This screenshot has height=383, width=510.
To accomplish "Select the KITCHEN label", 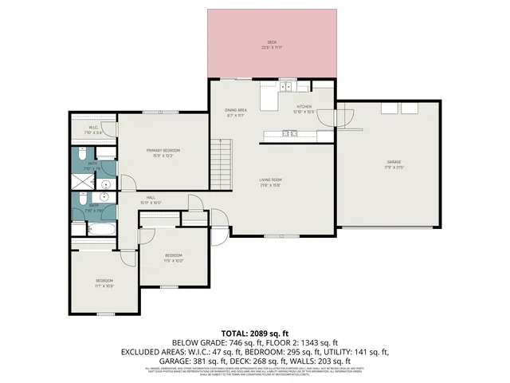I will click(x=304, y=106).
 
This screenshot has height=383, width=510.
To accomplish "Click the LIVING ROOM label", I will click(x=271, y=180).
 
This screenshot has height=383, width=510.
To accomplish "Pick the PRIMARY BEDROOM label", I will click(x=163, y=150).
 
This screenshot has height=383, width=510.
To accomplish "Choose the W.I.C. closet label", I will click(x=93, y=127).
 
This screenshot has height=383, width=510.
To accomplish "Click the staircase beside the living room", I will click(x=221, y=163).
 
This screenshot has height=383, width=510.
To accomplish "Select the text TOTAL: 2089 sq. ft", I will click(x=254, y=333).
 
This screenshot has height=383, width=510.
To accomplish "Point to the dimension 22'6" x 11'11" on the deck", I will click(x=271, y=47).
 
